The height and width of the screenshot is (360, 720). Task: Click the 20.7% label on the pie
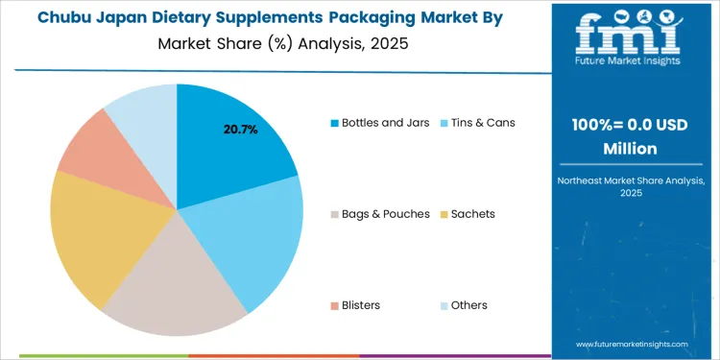240,130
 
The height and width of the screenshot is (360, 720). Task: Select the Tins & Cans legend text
482,123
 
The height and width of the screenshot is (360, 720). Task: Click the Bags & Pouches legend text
386,214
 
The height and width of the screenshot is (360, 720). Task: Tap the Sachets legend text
472,214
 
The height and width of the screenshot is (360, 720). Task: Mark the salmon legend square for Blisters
334,305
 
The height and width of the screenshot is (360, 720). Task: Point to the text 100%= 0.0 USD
630,127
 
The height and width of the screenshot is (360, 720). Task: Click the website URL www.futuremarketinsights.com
632,344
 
